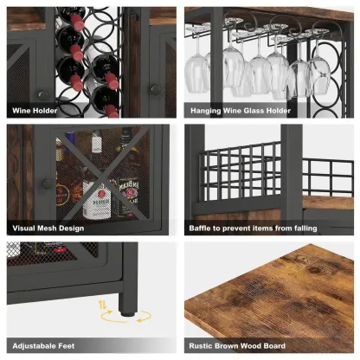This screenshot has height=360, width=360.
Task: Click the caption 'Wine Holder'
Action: [35, 111]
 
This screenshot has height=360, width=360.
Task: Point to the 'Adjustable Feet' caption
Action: [40, 345]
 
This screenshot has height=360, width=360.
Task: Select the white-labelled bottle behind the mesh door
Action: [95, 195]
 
